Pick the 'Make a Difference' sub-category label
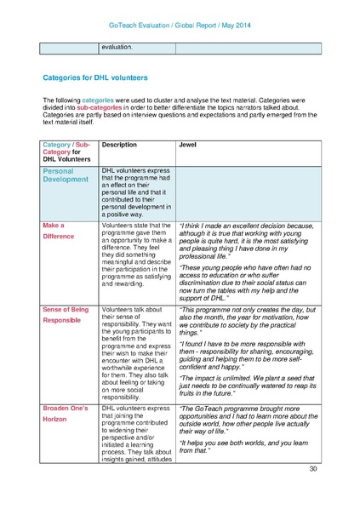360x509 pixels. [60, 230]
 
